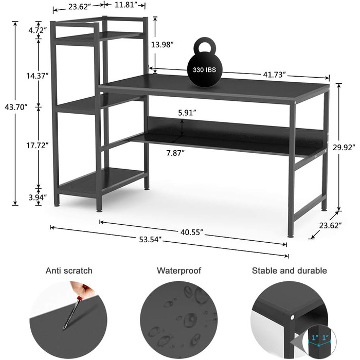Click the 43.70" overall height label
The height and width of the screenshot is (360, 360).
pyautogui.click(x=16, y=107)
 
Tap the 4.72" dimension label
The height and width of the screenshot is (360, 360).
pyautogui.click(x=38, y=30)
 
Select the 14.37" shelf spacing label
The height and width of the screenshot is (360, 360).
pyautogui.click(x=37, y=76)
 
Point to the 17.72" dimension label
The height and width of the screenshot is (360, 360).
pyautogui.click(x=37, y=145)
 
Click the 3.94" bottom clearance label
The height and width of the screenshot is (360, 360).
pyautogui.click(x=38, y=197)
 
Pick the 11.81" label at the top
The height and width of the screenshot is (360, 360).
pyautogui.click(x=124, y=5)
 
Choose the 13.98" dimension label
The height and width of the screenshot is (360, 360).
pyautogui.click(x=162, y=45)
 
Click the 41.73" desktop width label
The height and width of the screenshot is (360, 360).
pyautogui.click(x=274, y=75)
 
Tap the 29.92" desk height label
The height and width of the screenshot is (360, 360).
pyautogui.click(x=344, y=148)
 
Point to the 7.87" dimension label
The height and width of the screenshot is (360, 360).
pyautogui.click(x=176, y=153)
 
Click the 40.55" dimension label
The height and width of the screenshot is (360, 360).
pyautogui.click(x=192, y=232)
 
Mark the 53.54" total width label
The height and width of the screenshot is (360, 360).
pyautogui.click(x=151, y=240)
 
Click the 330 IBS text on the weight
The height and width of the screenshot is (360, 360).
pyautogui.click(x=204, y=70)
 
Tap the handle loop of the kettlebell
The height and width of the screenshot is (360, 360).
pyautogui.click(x=205, y=45)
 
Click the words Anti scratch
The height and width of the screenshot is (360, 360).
pyautogui.click(x=69, y=271)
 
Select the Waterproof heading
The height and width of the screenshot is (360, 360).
pyautogui.click(x=179, y=271)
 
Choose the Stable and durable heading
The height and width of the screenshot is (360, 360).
pyautogui.click(x=289, y=271)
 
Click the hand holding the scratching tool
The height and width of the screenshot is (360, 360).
pyautogui.click(x=82, y=289)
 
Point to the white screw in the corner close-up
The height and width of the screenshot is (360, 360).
pyautogui.click(x=292, y=317)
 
